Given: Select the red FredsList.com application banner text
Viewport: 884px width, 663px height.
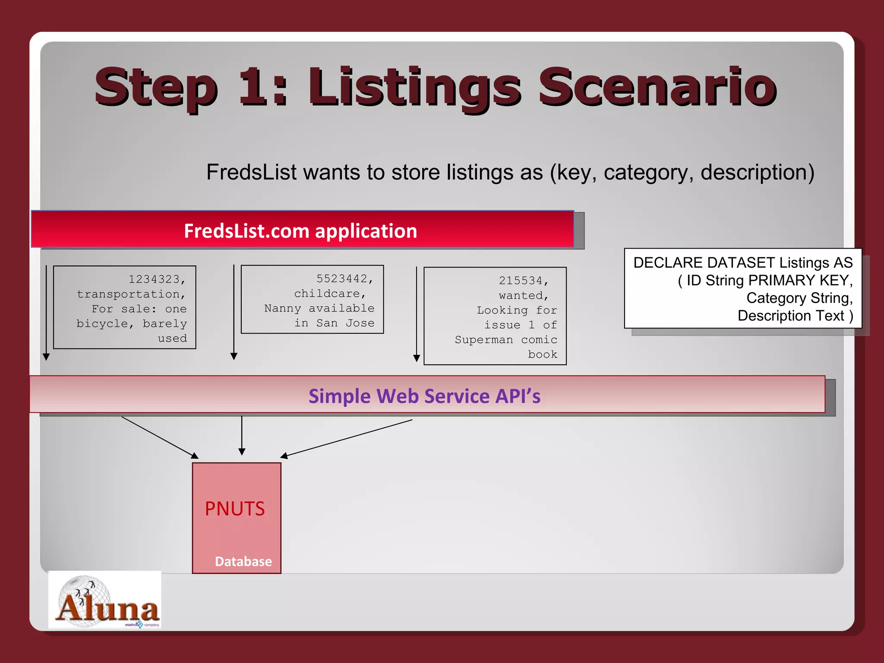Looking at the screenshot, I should coord(300,231).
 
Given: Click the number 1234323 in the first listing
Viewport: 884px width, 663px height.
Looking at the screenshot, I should coord(154,279).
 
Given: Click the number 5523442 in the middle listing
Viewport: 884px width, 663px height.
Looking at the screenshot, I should coord(342,279).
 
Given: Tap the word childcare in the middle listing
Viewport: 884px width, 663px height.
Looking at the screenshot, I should coord(327,294).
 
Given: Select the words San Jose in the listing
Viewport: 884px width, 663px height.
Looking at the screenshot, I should coord(345,323).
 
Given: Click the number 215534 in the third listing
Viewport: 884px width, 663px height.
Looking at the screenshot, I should coord(521,281).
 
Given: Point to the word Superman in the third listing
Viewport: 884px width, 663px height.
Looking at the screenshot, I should coord(484,340).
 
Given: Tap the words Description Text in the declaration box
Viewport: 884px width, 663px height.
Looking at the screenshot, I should coord(791,316).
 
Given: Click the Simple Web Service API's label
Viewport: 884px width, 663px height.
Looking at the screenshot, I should coord(424,396).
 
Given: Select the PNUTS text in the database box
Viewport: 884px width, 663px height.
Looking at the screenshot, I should coord(235,509).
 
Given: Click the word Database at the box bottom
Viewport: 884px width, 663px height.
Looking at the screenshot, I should coord(243,562).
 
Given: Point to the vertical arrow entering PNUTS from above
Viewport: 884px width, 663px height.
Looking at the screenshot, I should coord(242,436).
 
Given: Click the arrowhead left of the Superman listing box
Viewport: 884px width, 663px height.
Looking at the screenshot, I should coord(417,358).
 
